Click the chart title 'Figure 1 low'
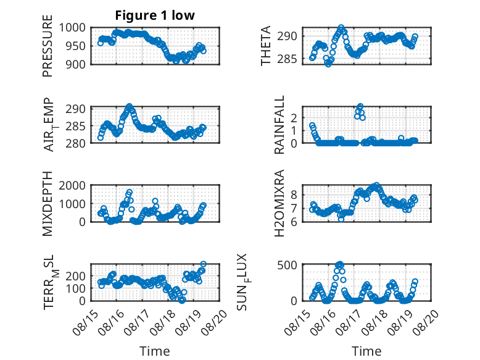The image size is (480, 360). tap(155, 15)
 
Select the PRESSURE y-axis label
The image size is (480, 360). tap(48, 46)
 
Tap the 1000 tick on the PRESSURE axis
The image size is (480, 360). tap(72, 28)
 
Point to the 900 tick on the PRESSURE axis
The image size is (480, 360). tap(76, 64)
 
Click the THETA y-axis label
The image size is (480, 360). tap(266, 46)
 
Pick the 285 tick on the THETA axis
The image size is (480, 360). tap(287, 59)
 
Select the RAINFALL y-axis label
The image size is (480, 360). tap(279, 124)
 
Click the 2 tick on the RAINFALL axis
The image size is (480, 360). tap(294, 118)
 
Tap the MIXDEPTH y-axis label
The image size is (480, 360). tap(48, 204)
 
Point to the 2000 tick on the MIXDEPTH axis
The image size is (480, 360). tap(72, 185)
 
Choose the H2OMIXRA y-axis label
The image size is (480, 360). tap(279, 203)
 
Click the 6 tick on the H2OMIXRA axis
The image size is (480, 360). tap(294, 222)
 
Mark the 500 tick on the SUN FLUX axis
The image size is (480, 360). tap(287, 265)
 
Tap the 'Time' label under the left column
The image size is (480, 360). tap(155, 351)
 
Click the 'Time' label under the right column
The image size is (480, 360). tap(366, 351)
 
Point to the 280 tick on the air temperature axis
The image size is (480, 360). tap(76, 143)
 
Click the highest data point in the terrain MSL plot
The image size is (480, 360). tap(203, 264)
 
